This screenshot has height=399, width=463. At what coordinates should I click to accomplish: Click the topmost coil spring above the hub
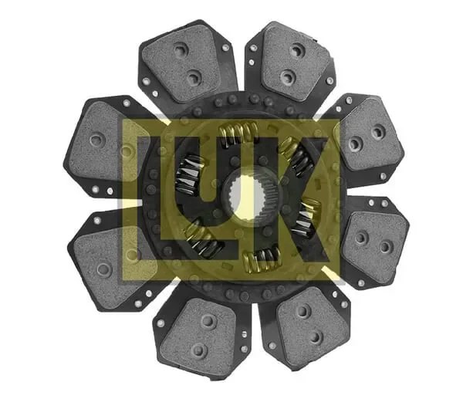coord(238,134)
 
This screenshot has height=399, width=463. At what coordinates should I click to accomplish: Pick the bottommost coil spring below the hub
coord(262,258)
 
